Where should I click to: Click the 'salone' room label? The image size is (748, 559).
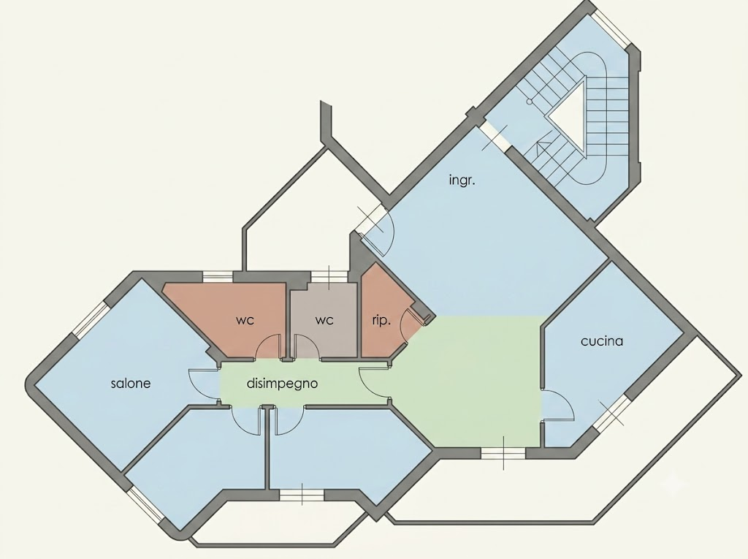pos(131,384)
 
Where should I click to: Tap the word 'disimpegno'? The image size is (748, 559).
pos(282,384)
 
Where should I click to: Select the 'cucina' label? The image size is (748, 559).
pos(602,341)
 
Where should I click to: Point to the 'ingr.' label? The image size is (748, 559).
pos(462,180)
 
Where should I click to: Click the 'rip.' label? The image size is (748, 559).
pos(381,320)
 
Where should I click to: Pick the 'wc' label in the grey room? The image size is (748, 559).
pos(324,320)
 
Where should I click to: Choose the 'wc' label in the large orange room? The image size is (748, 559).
pos(245,320)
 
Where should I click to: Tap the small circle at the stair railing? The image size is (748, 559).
pos(530,102)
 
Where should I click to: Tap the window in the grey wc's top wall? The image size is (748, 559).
pos(329,276)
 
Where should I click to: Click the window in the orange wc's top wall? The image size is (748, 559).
pos(218,275)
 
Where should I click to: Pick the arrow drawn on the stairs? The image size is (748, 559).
pos(543,145)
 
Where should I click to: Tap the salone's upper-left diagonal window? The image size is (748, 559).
pos(91,317)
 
